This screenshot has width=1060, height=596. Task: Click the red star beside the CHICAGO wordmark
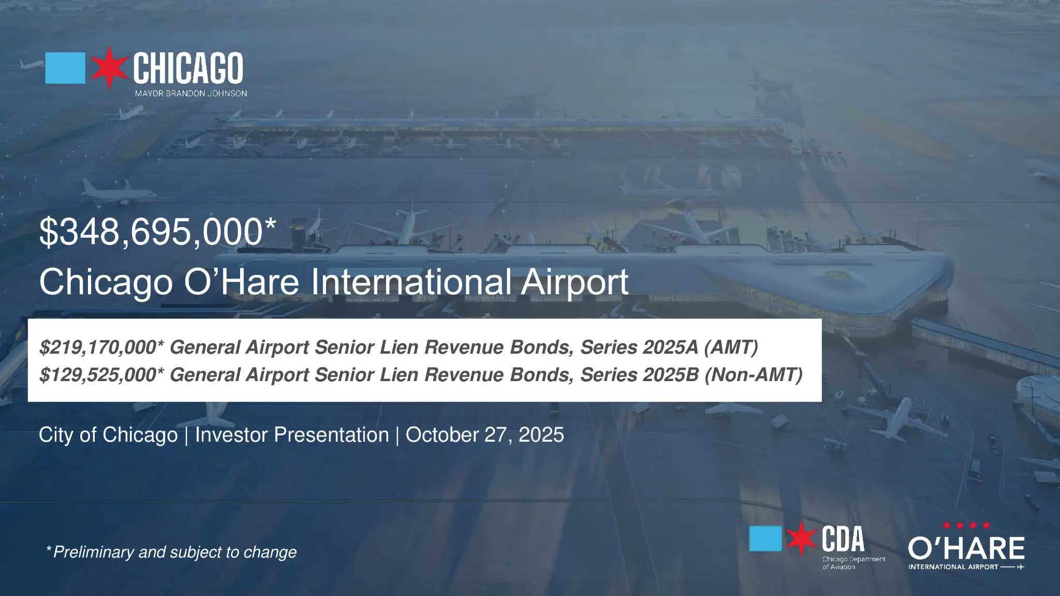109,67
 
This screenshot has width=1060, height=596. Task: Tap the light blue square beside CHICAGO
65,68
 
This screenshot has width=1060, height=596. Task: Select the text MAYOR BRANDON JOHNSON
191,93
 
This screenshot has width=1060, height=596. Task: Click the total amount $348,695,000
152,231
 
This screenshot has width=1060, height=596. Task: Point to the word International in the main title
411,282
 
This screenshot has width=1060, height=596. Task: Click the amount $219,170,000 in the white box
98,347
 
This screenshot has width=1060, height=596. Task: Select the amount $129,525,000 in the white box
98,374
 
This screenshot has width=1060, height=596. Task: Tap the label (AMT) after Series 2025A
731,347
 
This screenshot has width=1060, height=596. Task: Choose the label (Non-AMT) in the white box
754,374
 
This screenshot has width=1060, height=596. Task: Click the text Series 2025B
640,374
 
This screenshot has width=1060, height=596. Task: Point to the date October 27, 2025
485,435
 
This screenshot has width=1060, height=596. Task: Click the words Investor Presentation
292,435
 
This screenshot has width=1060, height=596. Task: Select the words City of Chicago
108,435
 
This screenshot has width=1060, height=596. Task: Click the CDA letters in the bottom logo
843,539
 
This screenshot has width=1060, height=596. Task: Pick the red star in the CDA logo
802,539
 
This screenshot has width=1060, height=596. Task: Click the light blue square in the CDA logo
765,539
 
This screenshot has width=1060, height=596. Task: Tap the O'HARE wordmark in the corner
966,548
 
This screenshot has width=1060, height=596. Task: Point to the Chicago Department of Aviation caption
853,563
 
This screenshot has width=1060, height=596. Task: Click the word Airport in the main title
575,282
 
